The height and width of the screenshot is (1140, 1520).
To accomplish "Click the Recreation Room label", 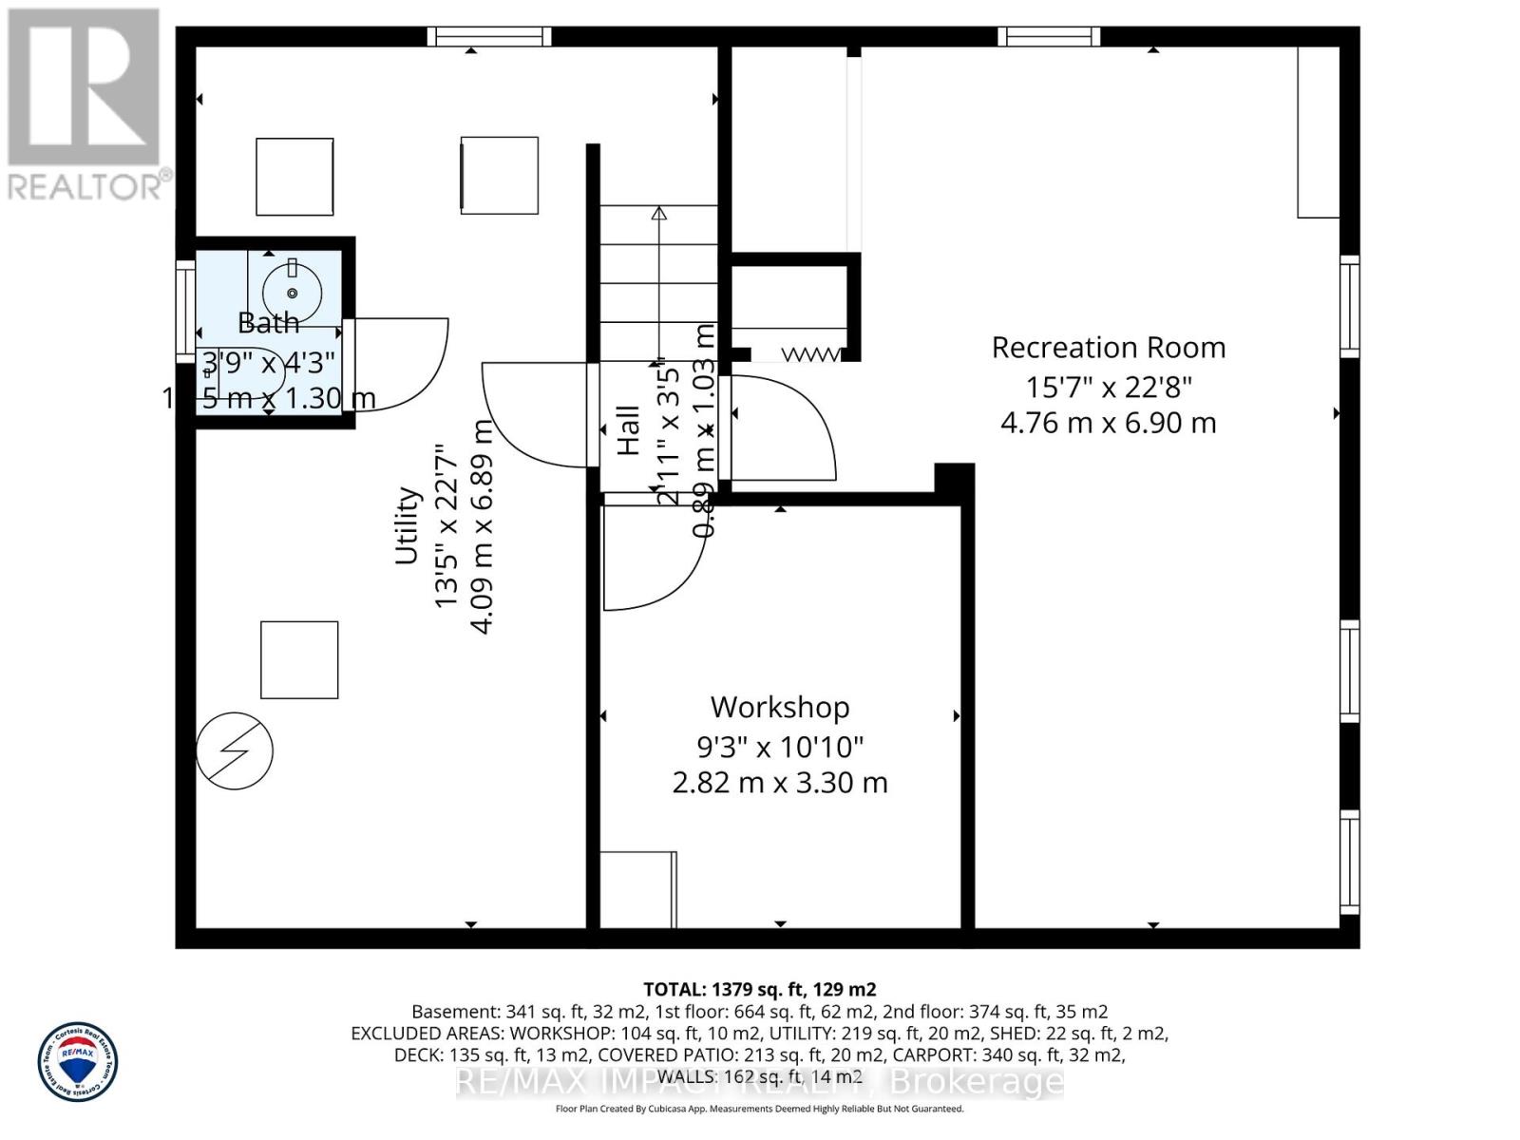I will click(x=1108, y=348).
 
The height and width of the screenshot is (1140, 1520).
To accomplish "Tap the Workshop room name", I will click(x=780, y=708).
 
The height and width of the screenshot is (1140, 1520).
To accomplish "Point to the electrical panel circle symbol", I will click(x=235, y=750).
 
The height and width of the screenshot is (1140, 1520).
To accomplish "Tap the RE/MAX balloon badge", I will click(x=78, y=1062).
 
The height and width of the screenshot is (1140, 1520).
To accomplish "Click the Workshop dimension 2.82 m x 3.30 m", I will click(x=780, y=783).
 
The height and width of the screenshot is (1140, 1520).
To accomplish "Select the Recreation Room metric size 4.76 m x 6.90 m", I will click(x=1108, y=423).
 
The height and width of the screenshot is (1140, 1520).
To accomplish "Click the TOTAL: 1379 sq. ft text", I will click(x=759, y=989).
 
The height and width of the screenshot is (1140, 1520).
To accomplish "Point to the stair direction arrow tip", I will click(x=658, y=213).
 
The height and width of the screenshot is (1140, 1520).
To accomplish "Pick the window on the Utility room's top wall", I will click(x=488, y=36).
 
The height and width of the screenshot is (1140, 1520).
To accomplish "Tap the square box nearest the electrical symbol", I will click(x=299, y=660).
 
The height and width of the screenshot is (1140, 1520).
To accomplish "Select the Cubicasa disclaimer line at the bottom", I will click(x=759, y=1109).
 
